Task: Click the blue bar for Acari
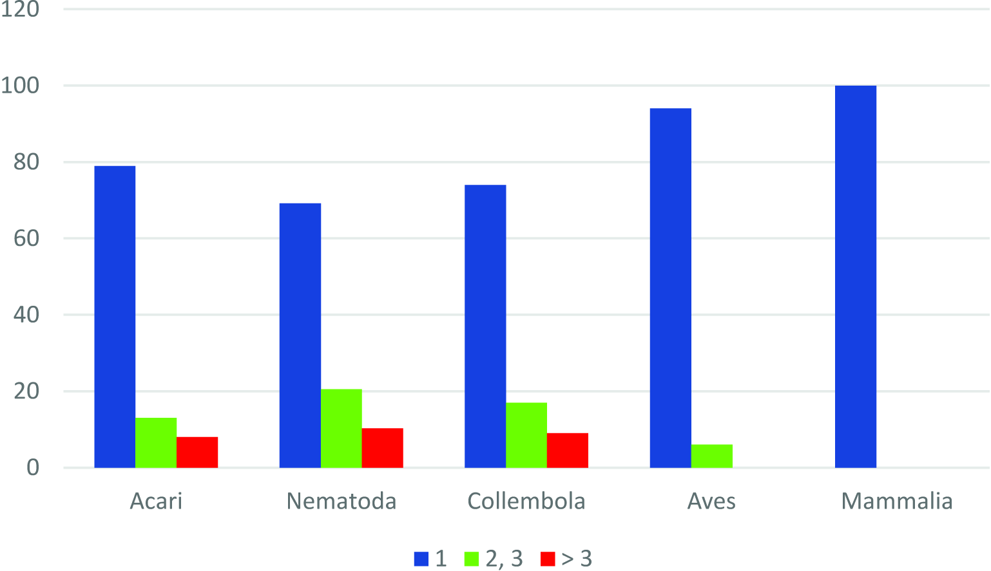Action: point(115,317)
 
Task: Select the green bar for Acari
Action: point(156,443)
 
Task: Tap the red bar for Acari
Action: point(197,452)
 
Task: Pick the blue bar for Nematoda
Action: point(300,335)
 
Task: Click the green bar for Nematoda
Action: point(341,428)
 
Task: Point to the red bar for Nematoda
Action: point(382,447)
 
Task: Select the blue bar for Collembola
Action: point(485,326)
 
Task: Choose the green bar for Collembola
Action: point(526,435)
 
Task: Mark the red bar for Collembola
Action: point(568,450)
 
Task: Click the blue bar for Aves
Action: point(670,288)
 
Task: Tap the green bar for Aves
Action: point(711,456)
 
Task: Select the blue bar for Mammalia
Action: point(856,277)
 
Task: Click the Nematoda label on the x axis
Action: point(342,501)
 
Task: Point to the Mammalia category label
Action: point(897,501)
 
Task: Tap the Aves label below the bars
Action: point(711,501)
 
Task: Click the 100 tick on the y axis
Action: point(20,86)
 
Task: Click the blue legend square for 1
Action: point(421,559)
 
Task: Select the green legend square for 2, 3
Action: point(472,559)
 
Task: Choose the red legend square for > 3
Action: point(547,559)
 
